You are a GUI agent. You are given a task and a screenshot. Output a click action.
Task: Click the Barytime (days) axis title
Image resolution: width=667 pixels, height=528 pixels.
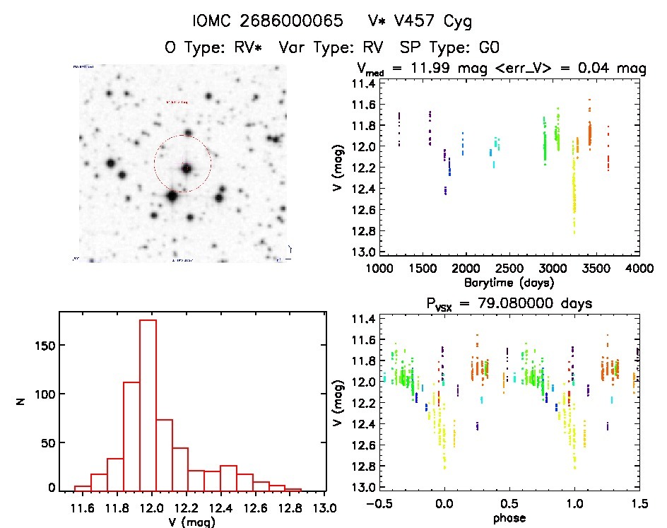click(x=509, y=282)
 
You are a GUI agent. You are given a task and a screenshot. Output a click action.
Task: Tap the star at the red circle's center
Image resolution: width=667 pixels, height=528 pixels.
click(x=187, y=168)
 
